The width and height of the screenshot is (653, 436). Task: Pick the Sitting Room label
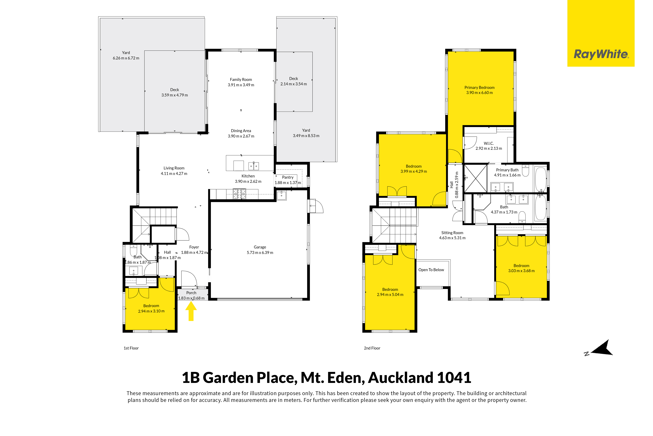click(452, 233)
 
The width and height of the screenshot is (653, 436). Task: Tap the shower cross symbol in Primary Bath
click(476, 178)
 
